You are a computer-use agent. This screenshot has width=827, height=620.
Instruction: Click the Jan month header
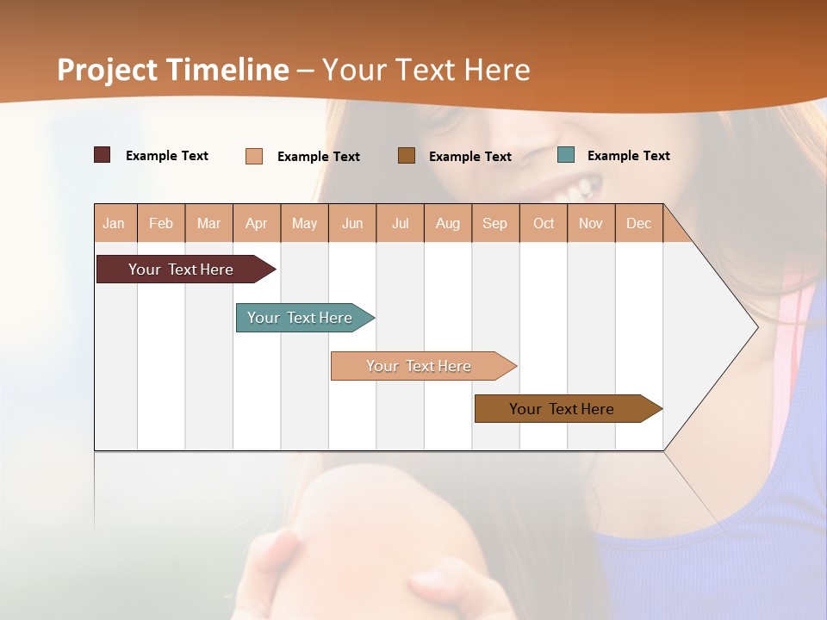pyautogui.click(x=115, y=223)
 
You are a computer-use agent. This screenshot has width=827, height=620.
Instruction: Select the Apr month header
pyautogui.click(x=257, y=223)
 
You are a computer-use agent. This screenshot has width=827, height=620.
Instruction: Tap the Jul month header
pyautogui.click(x=401, y=223)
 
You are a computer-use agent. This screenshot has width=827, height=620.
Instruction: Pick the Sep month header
pyautogui.click(x=495, y=223)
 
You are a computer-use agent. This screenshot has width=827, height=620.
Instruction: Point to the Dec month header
pyautogui.click(x=638, y=223)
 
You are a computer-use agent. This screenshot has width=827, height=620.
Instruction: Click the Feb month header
pyautogui.click(x=161, y=223)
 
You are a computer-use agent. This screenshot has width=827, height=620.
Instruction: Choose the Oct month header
pyautogui.click(x=544, y=223)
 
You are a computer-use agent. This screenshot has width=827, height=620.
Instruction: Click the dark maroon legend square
pyautogui.click(x=103, y=155)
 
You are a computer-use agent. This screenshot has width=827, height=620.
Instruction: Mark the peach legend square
pyautogui.click(x=254, y=156)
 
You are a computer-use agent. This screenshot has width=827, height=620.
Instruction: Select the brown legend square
pyautogui.click(x=407, y=155)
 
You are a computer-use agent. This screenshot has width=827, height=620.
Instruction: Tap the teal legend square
pyautogui.click(x=566, y=155)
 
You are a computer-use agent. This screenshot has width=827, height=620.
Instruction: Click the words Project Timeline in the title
pyautogui.click(x=173, y=70)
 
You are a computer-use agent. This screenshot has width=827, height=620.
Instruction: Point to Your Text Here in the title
pyautogui.click(x=426, y=70)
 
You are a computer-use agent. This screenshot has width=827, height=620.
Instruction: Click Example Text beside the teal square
pyautogui.click(x=628, y=156)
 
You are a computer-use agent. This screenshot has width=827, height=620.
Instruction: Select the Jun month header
pyautogui.click(x=352, y=223)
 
